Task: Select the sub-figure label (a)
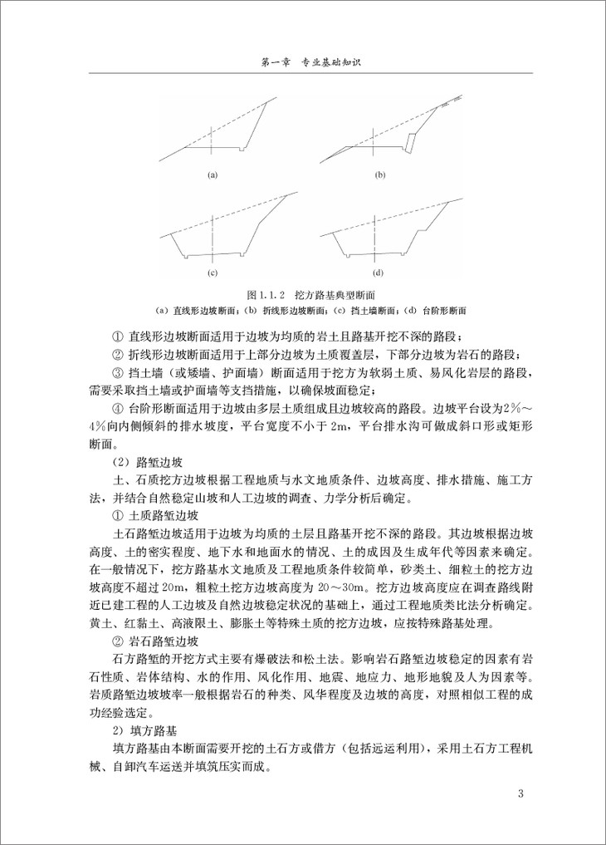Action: pos(212,174)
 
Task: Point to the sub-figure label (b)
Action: pos(381,174)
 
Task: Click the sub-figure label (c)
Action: pos(212,273)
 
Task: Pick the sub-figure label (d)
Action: pos(379,273)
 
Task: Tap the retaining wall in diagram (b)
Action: pos(410,141)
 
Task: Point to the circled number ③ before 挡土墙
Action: pos(116,371)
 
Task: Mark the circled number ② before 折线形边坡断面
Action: pos(116,354)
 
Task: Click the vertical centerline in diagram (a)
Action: pos(212,137)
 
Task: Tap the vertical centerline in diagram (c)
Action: pos(212,233)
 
